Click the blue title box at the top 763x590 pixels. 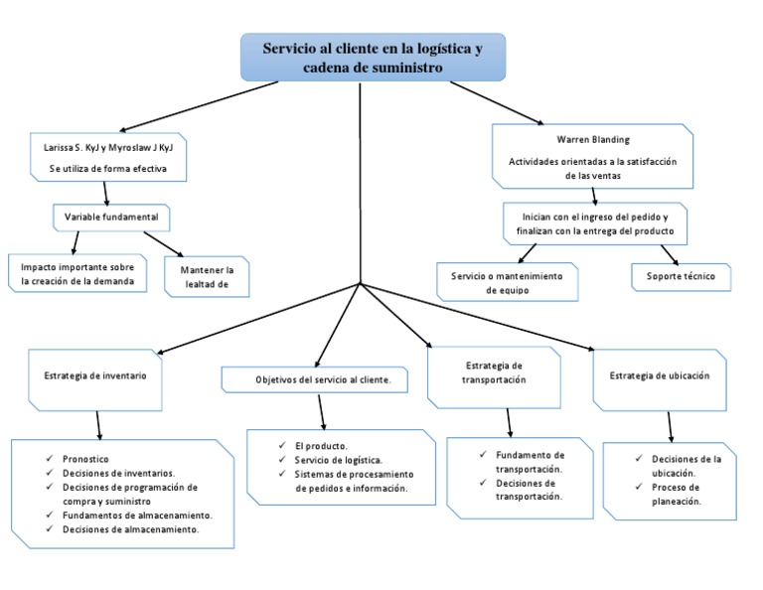[373, 57]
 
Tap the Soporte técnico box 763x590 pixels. [681, 277]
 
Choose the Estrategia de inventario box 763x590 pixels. [95, 377]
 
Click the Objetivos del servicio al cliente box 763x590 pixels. [323, 379]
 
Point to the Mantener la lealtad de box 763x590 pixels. [206, 277]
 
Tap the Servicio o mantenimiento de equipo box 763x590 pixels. [507, 281]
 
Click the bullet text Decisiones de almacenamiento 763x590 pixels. [129, 529]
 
